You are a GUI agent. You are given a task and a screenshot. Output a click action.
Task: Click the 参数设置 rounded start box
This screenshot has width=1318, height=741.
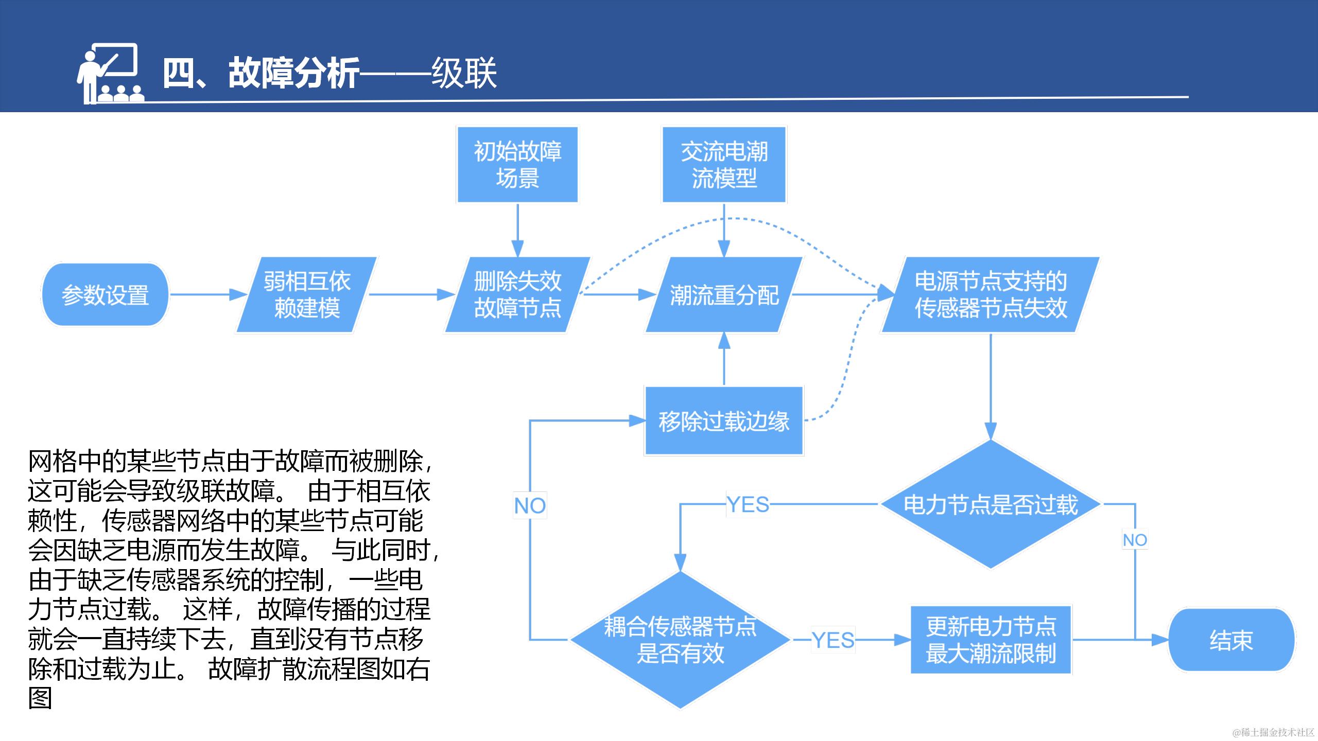105,295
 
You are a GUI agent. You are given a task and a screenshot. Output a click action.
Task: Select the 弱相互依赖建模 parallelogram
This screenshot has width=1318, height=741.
307,295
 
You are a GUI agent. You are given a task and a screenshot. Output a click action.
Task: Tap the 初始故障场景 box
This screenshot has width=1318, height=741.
517,165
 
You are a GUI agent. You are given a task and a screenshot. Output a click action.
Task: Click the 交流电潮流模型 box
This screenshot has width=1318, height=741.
724,165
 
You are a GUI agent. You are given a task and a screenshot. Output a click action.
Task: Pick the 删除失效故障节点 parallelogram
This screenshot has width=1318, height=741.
517,295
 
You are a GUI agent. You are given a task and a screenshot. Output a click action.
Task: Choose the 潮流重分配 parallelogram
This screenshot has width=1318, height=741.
724,295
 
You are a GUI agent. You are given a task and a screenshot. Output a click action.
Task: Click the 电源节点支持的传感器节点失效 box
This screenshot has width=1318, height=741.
991,295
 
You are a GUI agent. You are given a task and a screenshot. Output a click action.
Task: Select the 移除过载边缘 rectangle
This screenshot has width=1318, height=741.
724,421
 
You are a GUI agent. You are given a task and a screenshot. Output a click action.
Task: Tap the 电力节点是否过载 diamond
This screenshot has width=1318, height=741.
991,504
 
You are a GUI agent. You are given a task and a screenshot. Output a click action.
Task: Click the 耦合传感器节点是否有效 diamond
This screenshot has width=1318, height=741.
680,640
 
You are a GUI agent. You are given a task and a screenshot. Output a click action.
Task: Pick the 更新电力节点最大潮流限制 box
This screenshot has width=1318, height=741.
991,640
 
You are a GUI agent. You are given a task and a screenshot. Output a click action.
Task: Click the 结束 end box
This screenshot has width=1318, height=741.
1230,640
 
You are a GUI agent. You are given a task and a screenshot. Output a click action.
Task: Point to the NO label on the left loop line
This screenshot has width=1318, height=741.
530,506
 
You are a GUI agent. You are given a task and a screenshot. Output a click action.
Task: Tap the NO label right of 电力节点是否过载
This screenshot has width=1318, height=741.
1135,540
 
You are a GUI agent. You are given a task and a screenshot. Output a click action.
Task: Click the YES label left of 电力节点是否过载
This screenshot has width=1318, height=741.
748,504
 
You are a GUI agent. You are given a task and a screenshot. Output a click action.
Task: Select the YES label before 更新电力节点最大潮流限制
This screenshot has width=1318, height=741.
833,640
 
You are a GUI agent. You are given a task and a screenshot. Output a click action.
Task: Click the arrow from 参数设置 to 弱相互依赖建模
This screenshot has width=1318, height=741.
209,295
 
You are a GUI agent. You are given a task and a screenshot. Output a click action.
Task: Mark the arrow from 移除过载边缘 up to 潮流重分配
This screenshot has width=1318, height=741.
724,359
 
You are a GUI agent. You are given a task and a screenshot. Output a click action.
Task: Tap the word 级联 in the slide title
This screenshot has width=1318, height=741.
464,73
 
